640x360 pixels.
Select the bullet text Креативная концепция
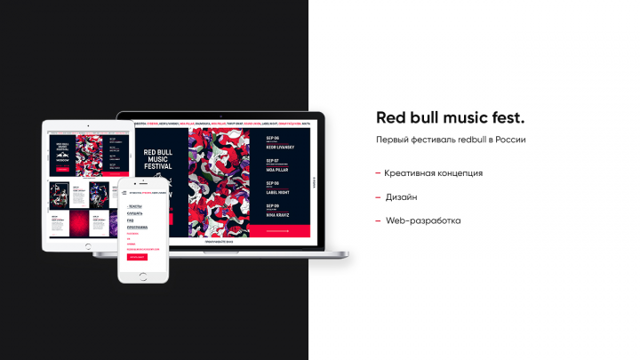[434, 172]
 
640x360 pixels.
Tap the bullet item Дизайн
[401, 196]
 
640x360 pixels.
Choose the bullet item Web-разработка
[423, 220]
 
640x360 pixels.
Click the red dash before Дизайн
[378, 196]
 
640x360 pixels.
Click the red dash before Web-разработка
[378, 220]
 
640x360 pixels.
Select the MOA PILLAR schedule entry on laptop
[278, 166]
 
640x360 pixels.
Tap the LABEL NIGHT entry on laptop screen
[278, 189]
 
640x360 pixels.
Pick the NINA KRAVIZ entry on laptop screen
[278, 212]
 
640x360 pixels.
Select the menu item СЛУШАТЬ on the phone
[135, 213]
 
